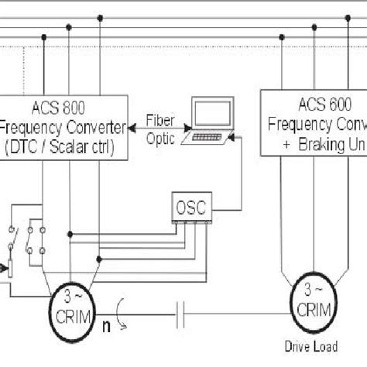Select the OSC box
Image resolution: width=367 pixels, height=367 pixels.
pyautogui.click(x=191, y=208)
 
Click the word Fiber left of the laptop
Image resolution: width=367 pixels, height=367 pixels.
pyautogui.click(x=161, y=120)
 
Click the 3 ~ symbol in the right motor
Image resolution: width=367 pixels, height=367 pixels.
pyautogui.click(x=314, y=290)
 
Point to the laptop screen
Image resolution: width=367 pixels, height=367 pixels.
pyautogui.click(x=210, y=115)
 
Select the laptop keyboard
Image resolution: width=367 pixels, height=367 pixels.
pyautogui.click(x=205, y=137)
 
